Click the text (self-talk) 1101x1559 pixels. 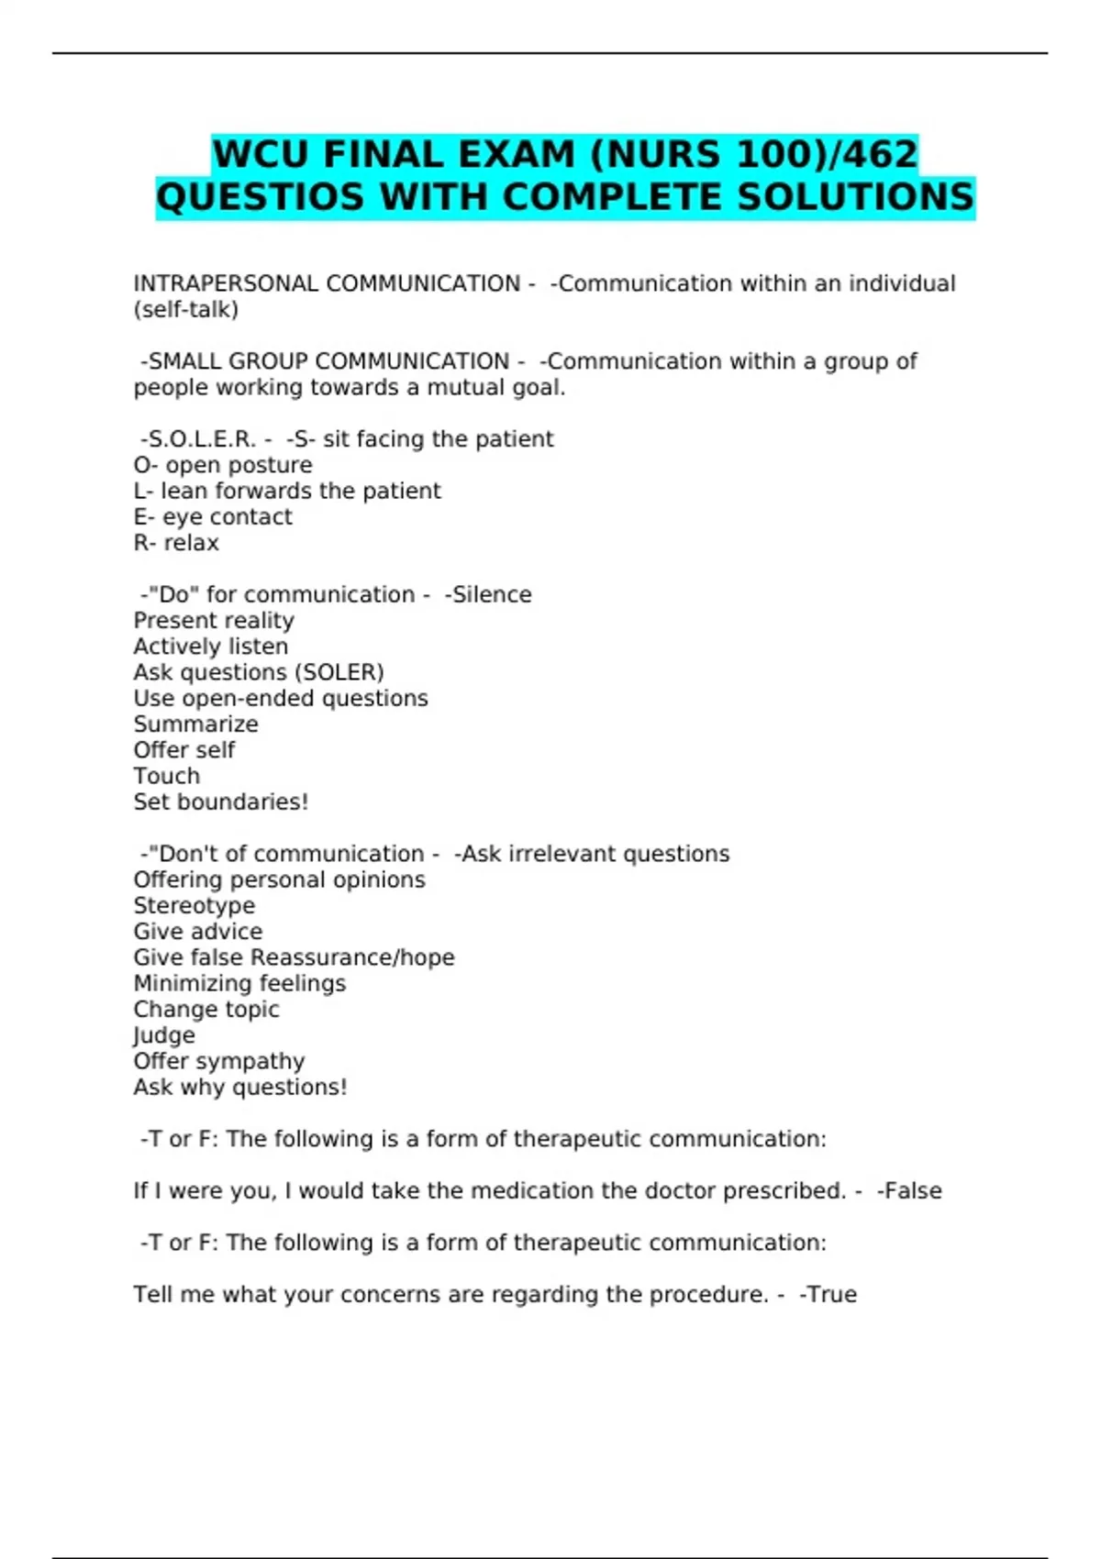(185, 310)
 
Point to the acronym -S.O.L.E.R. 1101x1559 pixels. (197, 439)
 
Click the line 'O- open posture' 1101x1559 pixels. (223, 465)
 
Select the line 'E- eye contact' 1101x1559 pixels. (213, 517)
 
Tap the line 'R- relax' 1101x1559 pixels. (176, 543)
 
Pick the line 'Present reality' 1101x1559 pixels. (214, 621)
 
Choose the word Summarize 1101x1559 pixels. (195, 724)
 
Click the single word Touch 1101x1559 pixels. (166, 776)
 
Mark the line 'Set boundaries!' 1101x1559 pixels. (220, 802)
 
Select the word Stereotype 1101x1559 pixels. (195, 906)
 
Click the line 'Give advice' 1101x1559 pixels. (197, 932)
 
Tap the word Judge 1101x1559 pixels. (164, 1035)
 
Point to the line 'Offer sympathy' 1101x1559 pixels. (218, 1061)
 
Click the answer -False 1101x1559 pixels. (909, 1191)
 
